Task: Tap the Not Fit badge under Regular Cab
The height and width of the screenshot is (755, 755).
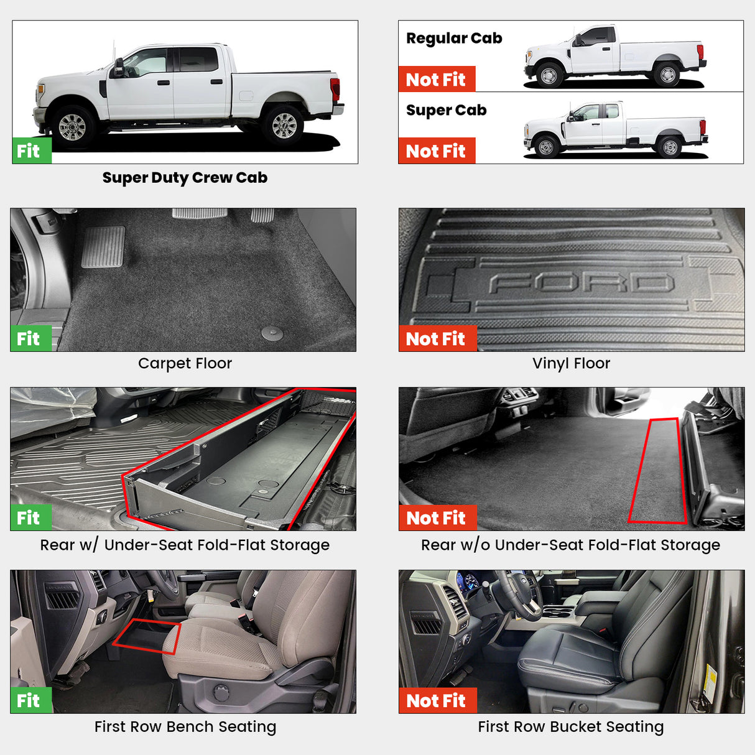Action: pos(436,80)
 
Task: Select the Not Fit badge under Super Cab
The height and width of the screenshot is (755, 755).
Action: pos(436,151)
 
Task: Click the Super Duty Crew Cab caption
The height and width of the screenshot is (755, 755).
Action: pos(185,178)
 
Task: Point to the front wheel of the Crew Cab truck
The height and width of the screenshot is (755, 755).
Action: pos(73,127)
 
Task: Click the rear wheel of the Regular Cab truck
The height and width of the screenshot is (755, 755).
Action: pos(667,75)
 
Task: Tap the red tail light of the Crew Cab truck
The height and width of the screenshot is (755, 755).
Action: pos(335,90)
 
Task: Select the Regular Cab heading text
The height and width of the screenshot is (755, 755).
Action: pos(454,39)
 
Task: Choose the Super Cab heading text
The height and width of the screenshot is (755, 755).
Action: pos(446,111)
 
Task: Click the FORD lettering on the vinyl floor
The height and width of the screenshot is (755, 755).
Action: pos(581,284)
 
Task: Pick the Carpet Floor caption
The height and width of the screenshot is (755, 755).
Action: pos(185,364)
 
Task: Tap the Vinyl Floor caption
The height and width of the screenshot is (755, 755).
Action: pos(571,364)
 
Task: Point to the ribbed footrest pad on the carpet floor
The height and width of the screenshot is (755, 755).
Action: pos(103,247)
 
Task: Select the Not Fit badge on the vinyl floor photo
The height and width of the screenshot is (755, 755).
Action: pos(437,339)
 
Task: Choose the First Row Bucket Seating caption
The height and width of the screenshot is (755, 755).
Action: pos(570,727)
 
